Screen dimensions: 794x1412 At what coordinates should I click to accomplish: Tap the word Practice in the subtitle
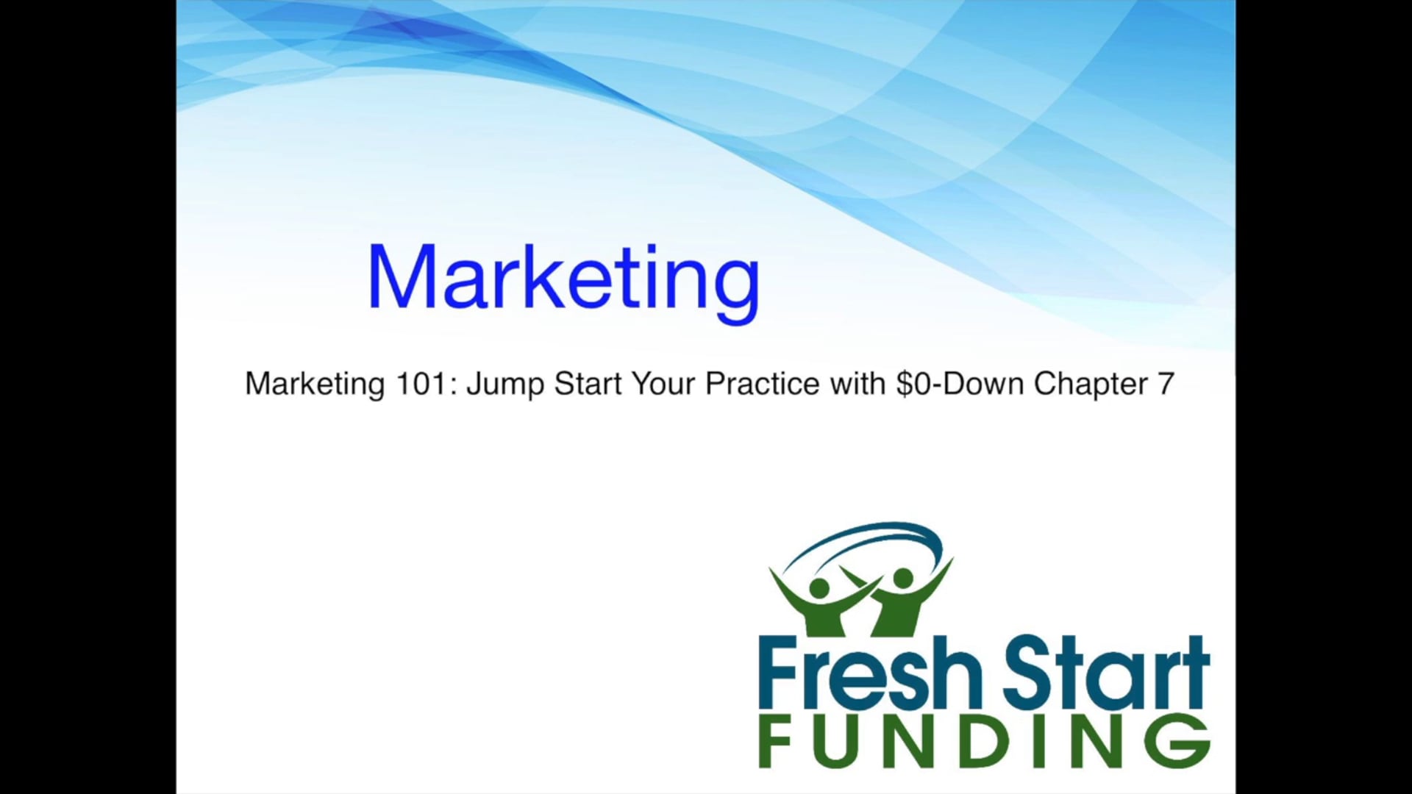coord(763,384)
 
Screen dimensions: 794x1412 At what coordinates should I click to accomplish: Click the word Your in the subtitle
coord(665,384)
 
